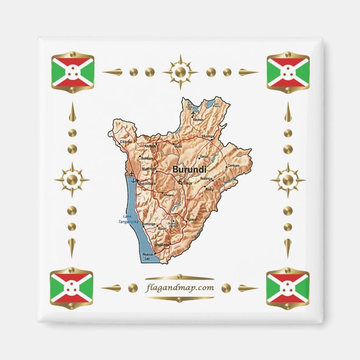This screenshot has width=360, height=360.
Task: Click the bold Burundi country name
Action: [189, 169]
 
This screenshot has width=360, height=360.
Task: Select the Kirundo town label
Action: [198, 120]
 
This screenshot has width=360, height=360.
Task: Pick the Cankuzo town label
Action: [233, 165]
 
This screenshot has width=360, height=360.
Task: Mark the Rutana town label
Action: [192, 220]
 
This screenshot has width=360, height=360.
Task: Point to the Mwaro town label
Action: [168, 195]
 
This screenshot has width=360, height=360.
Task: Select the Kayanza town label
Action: [150, 146]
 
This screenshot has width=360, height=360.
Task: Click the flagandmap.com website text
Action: [179, 288]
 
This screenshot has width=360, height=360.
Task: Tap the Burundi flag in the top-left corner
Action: [72, 71]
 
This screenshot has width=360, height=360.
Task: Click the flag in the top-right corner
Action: [288, 71]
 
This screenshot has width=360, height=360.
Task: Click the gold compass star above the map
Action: [180, 72]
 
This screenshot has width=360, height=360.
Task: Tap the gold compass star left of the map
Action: [72, 180]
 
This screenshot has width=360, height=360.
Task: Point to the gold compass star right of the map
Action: [288, 180]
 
